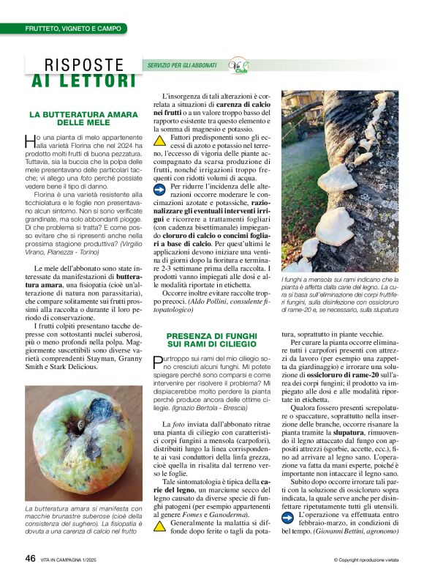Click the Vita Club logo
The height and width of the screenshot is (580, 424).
pyautogui.click(x=239, y=66)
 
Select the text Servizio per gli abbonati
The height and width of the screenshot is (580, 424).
pyautogui.click(x=183, y=66)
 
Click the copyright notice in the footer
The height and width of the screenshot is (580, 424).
pyautogui.click(x=365, y=560)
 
